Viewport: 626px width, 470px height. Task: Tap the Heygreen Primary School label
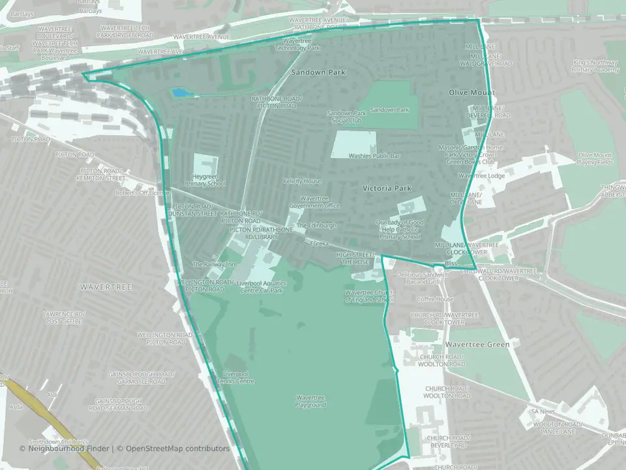[x=205, y=180]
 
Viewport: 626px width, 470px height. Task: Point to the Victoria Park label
[x=387, y=188]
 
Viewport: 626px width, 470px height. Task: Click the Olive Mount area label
[x=471, y=93]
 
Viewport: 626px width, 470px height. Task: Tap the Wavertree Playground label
[x=310, y=401]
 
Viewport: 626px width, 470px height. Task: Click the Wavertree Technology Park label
[x=297, y=44]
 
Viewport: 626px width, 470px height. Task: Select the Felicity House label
[x=302, y=181]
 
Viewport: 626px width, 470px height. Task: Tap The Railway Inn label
[x=213, y=264]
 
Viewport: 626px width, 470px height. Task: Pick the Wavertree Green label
[x=477, y=344]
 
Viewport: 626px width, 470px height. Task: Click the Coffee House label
[x=436, y=299]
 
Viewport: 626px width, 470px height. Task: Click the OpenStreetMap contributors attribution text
[x=177, y=448]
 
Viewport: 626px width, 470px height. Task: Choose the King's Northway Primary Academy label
[x=595, y=66]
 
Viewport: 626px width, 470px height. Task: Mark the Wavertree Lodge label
[x=481, y=176]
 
